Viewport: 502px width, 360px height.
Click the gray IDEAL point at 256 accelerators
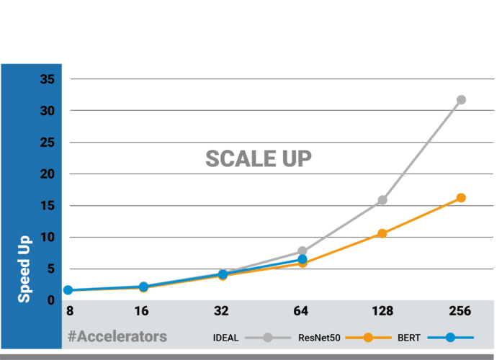tap(461, 99)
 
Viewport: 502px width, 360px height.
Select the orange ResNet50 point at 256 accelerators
tap(461, 197)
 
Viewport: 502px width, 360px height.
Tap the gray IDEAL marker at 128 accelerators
tap(382, 199)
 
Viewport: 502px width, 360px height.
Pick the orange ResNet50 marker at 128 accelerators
tap(382, 233)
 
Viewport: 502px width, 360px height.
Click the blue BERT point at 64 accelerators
tap(302, 258)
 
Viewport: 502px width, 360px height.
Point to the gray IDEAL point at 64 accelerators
tap(302, 251)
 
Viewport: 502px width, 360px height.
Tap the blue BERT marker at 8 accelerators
tap(68, 289)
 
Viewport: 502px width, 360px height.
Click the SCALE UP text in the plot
tap(259, 159)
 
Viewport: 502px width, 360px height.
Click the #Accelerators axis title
tap(117, 336)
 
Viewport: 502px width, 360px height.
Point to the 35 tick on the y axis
tap(47, 79)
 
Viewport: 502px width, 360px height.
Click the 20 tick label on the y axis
tap(47, 174)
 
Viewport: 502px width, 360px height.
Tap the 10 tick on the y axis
tap(47, 238)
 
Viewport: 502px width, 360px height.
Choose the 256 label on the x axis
tap(460, 312)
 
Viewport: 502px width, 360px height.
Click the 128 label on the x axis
tap(382, 312)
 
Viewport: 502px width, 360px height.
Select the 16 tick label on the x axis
tap(142, 312)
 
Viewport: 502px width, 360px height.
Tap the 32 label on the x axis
tap(221, 312)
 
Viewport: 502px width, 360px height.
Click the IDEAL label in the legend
tap(226, 337)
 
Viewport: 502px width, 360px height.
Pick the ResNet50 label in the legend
tap(318, 337)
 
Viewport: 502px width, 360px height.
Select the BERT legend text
tap(408, 337)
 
